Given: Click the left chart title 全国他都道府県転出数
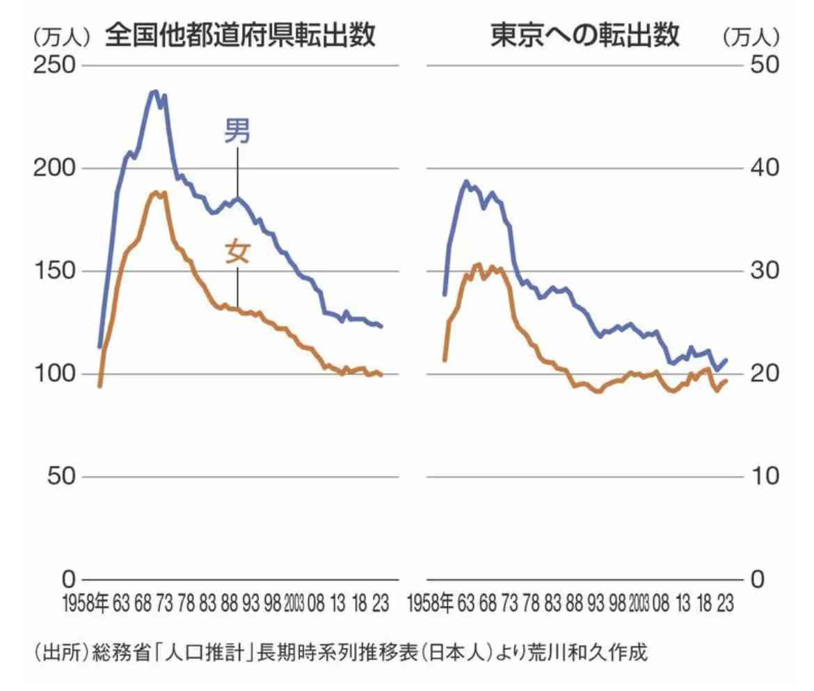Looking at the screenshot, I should [x=240, y=36].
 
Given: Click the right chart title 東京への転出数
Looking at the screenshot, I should [x=584, y=36].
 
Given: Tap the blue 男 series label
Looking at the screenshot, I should [x=237, y=132].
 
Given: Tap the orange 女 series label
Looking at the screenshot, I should [x=237, y=252].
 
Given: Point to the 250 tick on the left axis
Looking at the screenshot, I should [x=55, y=65].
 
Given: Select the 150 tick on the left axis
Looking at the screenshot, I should [x=55, y=271].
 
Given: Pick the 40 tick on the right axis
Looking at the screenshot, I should [x=763, y=168].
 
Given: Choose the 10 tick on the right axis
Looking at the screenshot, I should [x=763, y=477].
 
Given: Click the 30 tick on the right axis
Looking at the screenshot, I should [x=763, y=271].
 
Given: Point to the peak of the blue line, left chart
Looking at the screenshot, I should [x=155, y=91].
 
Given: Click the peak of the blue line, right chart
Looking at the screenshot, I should [x=467, y=182].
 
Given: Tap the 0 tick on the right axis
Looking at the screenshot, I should [x=756, y=580].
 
